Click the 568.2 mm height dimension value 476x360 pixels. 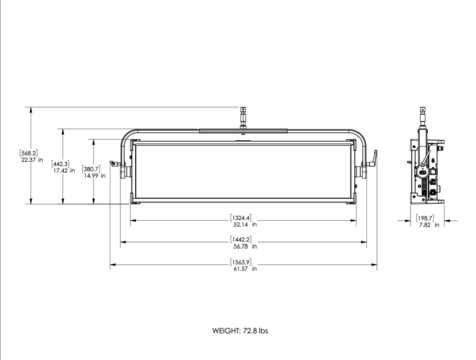click(x=29, y=153)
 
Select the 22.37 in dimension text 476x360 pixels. click(x=32, y=160)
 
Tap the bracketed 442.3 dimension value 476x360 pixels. click(x=61, y=164)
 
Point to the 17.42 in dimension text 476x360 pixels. click(x=64, y=170)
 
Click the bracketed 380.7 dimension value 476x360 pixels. click(x=91, y=169)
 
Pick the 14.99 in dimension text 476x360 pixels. click(x=95, y=176)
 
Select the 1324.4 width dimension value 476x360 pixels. click(x=241, y=217)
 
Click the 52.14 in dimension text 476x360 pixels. click(x=245, y=224)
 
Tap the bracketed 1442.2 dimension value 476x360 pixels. click(x=241, y=239)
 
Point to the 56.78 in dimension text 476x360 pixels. click(x=245, y=246)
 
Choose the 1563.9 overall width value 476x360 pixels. click(x=241, y=262)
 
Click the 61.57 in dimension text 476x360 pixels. click(x=245, y=268)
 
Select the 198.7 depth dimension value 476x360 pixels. click(x=425, y=218)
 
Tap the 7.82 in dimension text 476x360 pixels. click(x=429, y=225)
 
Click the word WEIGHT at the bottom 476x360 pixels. click(x=226, y=331)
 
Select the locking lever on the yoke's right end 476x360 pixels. click(x=373, y=159)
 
